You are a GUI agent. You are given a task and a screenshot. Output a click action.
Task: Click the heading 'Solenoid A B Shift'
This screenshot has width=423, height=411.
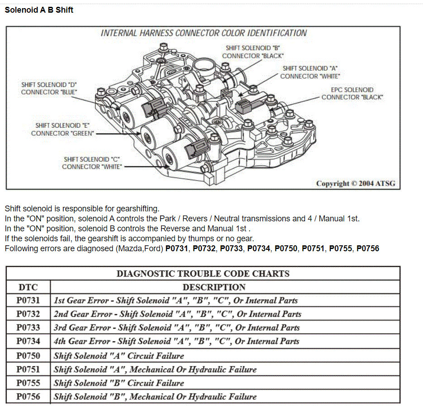point(39,10)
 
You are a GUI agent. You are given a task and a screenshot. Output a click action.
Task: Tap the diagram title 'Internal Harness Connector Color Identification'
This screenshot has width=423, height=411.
point(203,33)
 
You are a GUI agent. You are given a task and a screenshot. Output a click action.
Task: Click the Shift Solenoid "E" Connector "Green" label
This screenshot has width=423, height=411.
point(63,129)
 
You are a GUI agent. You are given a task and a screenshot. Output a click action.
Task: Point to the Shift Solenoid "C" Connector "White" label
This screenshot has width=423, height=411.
point(92,163)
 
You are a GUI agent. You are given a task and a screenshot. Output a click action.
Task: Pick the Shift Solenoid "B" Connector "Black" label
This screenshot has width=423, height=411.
point(253,52)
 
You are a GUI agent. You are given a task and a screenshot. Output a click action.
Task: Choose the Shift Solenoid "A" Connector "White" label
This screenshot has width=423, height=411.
point(310,72)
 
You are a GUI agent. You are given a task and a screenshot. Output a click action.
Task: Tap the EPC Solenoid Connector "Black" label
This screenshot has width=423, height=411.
point(352,94)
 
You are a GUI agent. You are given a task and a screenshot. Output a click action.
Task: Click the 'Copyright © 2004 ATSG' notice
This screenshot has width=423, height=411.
point(355,183)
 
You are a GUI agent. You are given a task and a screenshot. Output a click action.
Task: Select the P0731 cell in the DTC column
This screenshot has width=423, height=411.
point(28,301)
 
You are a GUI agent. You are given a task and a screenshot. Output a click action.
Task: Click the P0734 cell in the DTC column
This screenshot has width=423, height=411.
point(28,341)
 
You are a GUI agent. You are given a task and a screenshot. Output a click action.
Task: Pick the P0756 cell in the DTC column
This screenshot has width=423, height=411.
point(28,397)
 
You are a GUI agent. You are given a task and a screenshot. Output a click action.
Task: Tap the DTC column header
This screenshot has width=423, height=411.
point(28,287)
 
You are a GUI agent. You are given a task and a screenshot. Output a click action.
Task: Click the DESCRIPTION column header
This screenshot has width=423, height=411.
point(214,287)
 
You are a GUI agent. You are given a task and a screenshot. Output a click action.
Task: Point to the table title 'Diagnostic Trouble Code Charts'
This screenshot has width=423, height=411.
point(203,273)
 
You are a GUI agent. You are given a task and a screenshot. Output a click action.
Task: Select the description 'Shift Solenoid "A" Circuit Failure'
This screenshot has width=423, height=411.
point(119,356)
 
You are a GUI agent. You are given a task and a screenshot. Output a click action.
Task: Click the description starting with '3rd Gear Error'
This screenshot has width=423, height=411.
point(177,328)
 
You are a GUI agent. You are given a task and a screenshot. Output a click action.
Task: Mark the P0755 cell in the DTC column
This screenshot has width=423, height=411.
point(28,383)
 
